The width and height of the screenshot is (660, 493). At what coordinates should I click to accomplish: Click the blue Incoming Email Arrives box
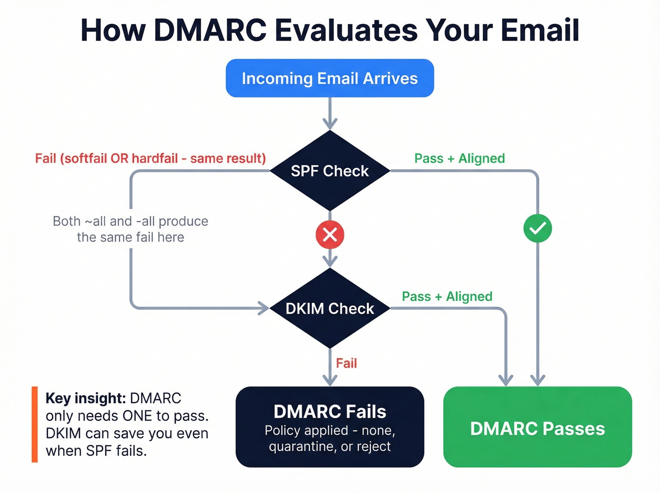coord(330,78)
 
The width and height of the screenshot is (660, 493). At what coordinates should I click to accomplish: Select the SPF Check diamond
coord(330,171)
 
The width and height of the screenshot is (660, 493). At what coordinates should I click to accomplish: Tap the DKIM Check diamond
coord(330,309)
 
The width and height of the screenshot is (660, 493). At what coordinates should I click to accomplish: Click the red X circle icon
coord(330,234)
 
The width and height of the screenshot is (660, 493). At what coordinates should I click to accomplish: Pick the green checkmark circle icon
coord(537,229)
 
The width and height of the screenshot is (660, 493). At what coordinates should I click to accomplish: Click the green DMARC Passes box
coord(537,427)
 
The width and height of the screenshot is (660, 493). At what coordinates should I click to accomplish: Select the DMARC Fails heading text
coord(330,412)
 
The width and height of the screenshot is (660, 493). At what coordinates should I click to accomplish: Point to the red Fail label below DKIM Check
coord(346,363)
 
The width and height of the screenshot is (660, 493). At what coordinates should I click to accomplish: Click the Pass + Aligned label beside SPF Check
coord(459,159)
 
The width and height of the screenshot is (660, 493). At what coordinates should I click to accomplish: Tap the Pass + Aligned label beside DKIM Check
coord(447,296)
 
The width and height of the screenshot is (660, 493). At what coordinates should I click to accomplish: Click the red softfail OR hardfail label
coord(150,159)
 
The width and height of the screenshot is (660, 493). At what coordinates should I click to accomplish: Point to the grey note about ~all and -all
coord(131,229)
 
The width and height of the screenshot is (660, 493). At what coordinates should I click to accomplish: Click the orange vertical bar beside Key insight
coord(34,425)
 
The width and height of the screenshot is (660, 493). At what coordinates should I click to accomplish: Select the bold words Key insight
coord(85,398)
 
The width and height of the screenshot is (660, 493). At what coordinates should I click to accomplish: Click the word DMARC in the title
coord(210,30)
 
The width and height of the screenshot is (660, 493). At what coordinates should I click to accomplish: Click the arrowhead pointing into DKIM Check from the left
coord(263,309)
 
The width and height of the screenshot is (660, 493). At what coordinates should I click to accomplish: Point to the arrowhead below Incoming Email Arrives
coord(330,124)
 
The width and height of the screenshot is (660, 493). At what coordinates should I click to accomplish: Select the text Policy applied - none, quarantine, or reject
coord(330,438)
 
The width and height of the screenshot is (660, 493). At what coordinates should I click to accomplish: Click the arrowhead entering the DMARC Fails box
coord(330,380)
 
